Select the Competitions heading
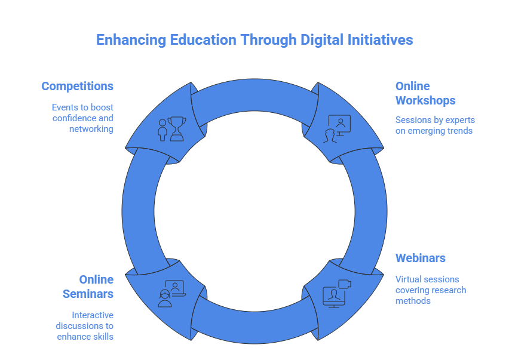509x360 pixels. click(x=77, y=86)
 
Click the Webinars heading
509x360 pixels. click(x=421, y=258)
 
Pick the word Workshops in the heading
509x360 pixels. click(x=425, y=100)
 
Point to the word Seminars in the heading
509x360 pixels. click(x=88, y=294)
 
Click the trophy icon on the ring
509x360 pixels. click(x=176, y=128)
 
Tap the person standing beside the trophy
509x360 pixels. click(x=162, y=130)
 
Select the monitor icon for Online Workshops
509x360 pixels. click(x=339, y=124)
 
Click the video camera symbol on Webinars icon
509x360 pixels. click(x=345, y=284)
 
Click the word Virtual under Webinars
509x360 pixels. click(x=409, y=279)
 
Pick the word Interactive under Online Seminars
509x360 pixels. click(x=93, y=315)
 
